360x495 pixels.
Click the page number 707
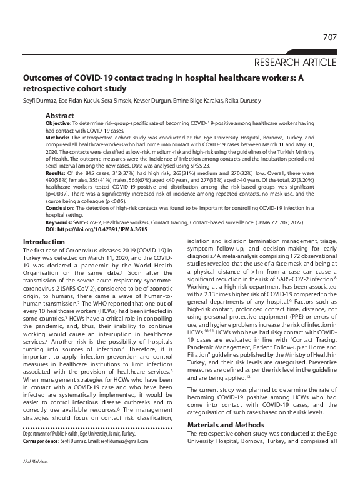[329, 37]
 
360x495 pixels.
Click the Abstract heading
[59, 116]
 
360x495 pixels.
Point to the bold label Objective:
[61, 125]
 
